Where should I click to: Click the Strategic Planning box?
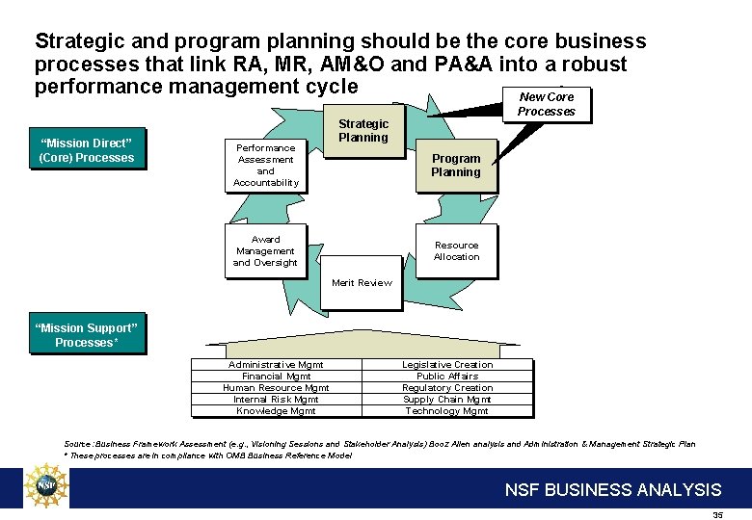363,131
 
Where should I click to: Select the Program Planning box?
456,166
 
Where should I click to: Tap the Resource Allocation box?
456,251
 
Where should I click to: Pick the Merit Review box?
362,282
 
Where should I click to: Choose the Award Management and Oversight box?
265,251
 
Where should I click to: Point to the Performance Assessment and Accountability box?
265,166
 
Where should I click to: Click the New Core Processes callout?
546,104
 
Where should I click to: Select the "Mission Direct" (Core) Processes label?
87,151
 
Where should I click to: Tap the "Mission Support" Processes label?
87,335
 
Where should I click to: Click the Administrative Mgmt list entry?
276,365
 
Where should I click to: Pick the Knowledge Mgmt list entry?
276,411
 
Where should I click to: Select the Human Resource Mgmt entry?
276,388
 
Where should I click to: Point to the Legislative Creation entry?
447,365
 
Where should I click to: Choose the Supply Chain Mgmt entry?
447,400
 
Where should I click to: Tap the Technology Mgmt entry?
447,411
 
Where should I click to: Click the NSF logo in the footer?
46,487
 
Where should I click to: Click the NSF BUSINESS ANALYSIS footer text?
613,490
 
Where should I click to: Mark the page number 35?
717,515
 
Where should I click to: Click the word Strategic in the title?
80,41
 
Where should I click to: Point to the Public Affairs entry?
447,377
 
